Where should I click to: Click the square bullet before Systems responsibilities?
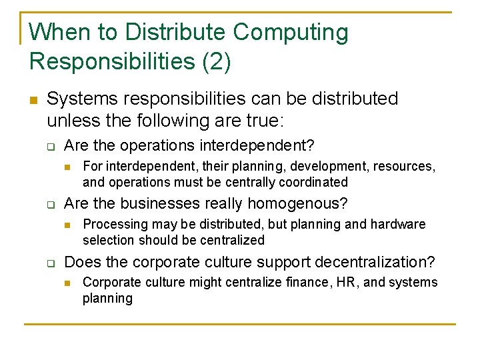(x=32, y=101)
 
